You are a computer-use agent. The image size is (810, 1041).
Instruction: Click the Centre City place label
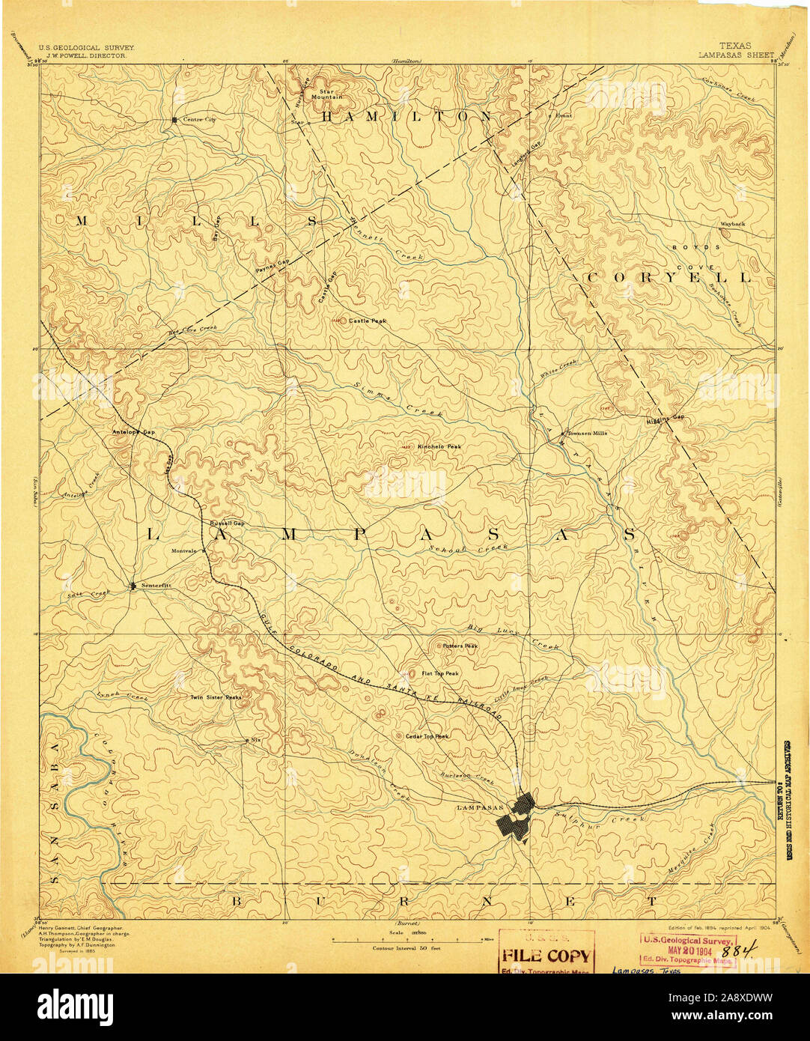pyautogui.click(x=198, y=120)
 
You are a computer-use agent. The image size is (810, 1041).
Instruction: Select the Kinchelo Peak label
pyautogui.click(x=439, y=446)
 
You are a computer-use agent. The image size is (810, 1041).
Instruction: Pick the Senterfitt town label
pyautogui.click(x=156, y=586)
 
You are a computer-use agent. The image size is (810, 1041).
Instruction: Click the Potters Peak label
pyautogui.click(x=460, y=646)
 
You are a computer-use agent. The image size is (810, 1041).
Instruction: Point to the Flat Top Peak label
pyautogui.click(x=440, y=673)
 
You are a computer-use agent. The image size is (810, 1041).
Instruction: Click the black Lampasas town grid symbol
pyautogui.click(x=515, y=819)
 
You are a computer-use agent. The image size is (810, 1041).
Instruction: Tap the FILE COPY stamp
pyautogui.click(x=546, y=956)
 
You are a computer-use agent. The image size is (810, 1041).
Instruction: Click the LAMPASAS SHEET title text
pyautogui.click(x=737, y=55)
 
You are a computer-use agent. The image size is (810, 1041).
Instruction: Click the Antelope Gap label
pyautogui.click(x=133, y=432)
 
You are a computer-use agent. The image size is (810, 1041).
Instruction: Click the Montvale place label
pyautogui.click(x=183, y=551)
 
